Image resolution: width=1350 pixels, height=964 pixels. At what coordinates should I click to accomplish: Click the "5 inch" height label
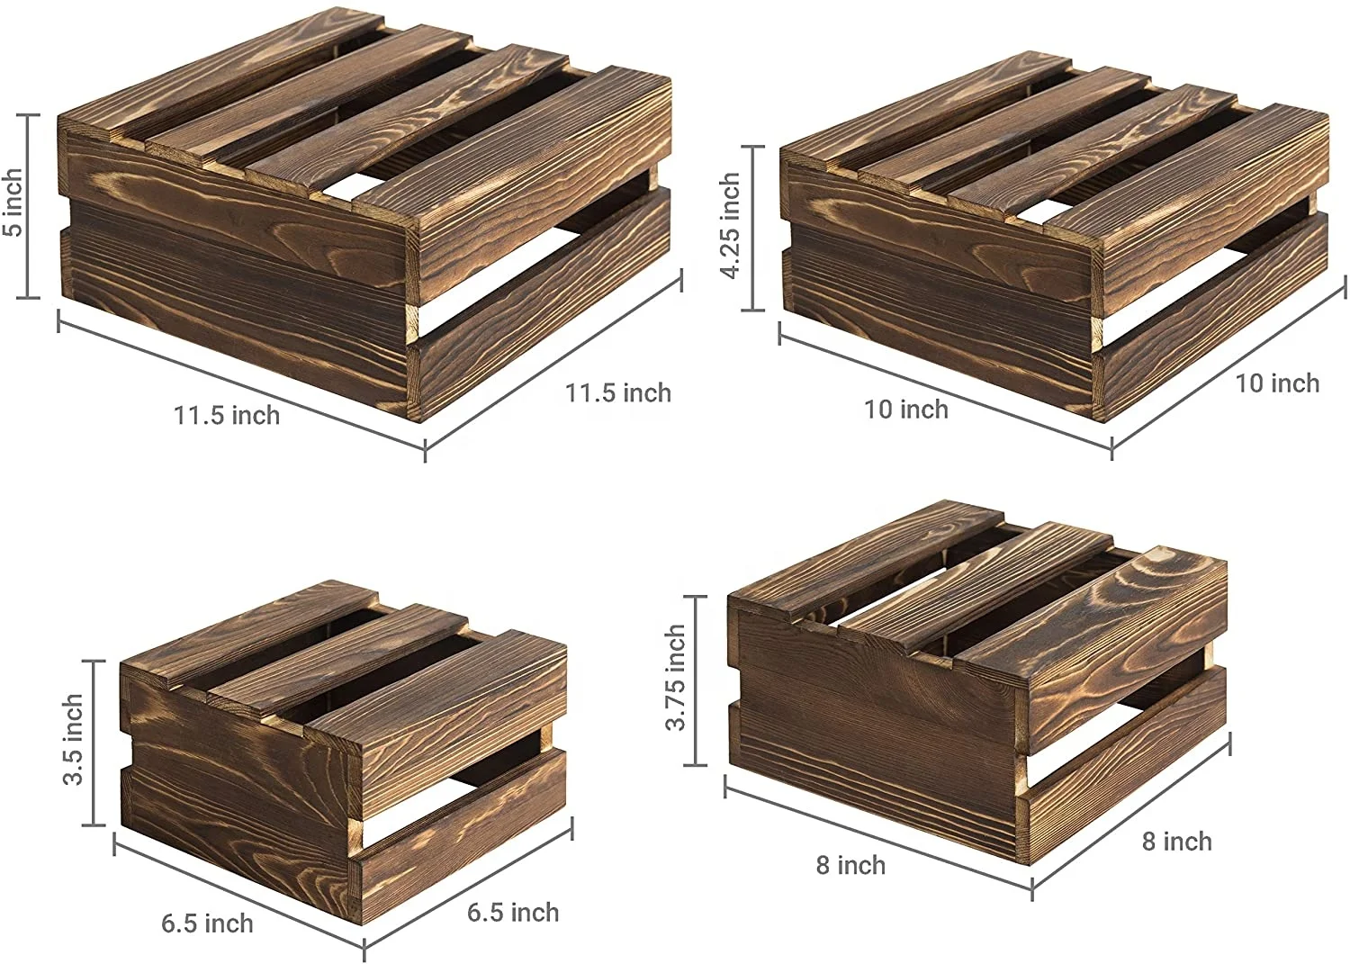click(13, 203)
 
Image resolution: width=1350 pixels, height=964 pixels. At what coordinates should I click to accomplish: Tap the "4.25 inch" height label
click(730, 226)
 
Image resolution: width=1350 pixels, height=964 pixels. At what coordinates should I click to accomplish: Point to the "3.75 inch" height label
click(676, 678)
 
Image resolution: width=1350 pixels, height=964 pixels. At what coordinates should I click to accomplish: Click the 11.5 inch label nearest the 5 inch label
click(227, 416)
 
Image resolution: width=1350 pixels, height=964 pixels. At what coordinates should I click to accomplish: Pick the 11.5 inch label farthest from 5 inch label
click(618, 393)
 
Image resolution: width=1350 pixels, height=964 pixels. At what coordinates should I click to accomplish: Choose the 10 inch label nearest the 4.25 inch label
click(906, 410)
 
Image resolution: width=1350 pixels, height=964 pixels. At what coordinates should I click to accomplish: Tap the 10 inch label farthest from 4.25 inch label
click(1277, 383)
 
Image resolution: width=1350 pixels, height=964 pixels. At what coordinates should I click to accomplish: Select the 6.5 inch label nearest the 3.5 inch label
click(207, 923)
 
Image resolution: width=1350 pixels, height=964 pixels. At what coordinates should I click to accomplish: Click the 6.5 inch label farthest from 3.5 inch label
click(513, 913)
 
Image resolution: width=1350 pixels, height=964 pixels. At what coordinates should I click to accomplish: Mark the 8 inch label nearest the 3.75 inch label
click(850, 866)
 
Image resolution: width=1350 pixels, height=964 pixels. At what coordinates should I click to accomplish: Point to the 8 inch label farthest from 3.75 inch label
click(1176, 842)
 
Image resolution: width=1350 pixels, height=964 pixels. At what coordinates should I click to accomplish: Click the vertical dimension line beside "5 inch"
click(29, 205)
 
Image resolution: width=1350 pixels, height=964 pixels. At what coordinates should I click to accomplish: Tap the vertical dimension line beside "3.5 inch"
click(94, 743)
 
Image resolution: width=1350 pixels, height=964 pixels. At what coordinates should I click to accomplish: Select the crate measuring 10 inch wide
click(1053, 243)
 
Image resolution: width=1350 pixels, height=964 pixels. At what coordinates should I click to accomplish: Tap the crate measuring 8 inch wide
click(976, 684)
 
